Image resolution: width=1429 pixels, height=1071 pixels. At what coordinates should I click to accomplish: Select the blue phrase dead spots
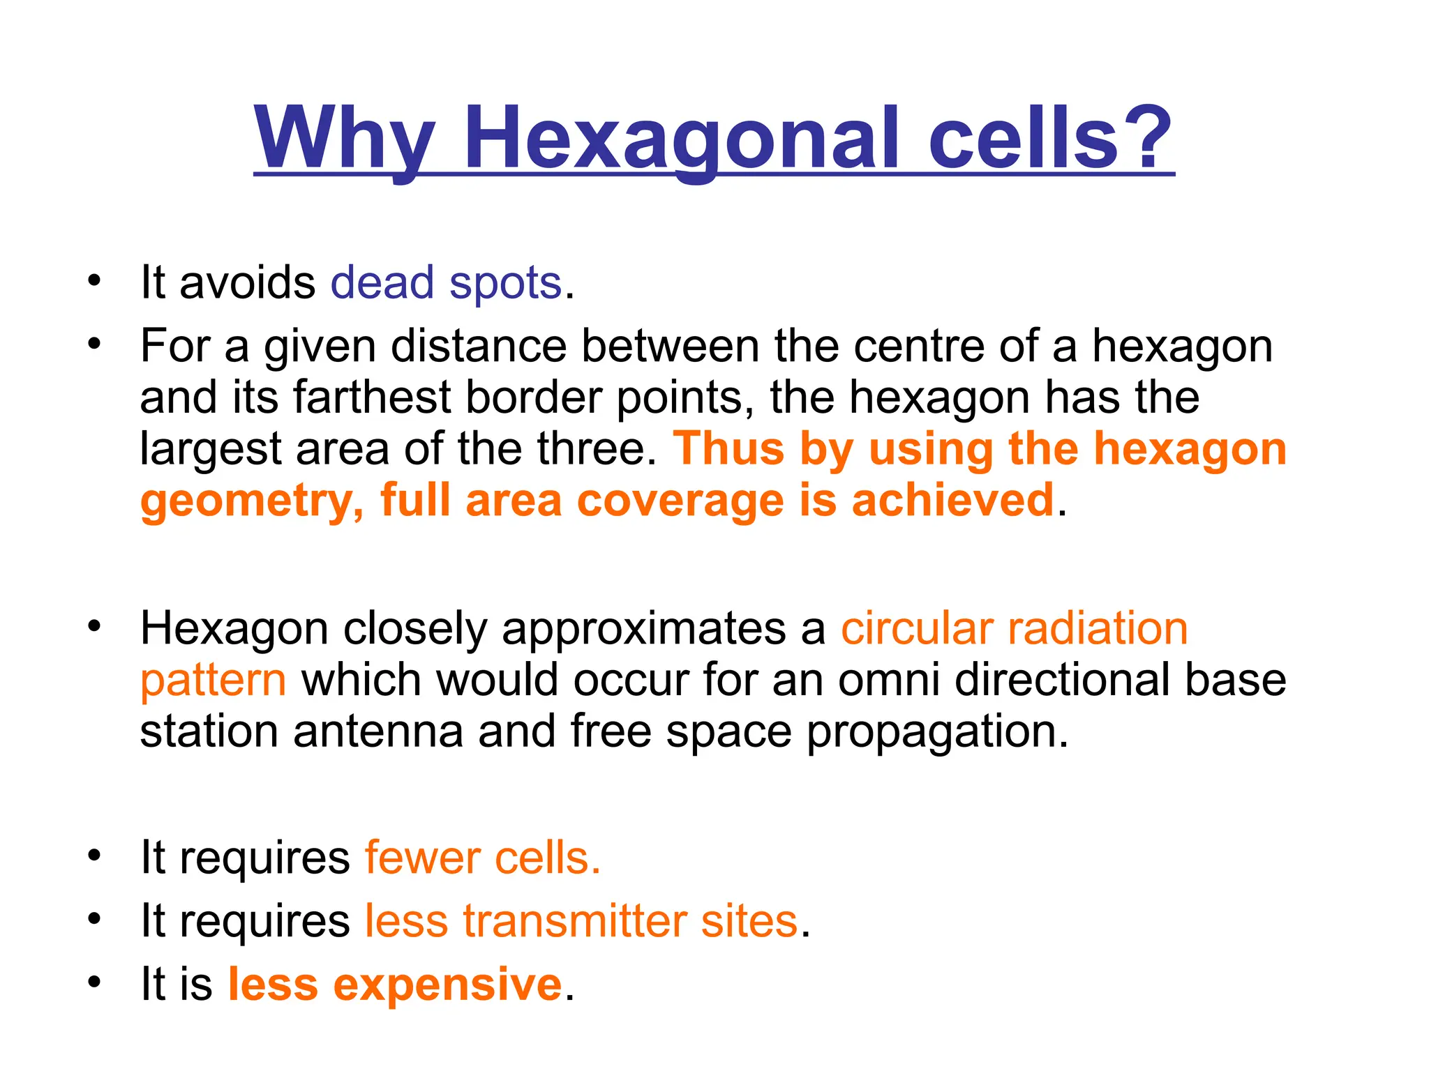click(x=446, y=283)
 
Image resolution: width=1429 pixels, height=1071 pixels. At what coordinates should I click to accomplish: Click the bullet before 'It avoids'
click(x=94, y=281)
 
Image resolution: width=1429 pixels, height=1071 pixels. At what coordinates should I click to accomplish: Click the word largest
click(x=210, y=450)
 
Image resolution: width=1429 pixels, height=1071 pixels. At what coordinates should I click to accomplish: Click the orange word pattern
click(x=213, y=681)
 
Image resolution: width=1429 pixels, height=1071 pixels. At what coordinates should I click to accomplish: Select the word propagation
click(x=937, y=733)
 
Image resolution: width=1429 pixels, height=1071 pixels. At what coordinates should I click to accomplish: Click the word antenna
click(x=378, y=731)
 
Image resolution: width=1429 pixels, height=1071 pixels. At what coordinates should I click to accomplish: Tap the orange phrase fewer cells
click(x=482, y=858)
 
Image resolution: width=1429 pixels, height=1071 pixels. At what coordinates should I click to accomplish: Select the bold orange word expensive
click(x=447, y=984)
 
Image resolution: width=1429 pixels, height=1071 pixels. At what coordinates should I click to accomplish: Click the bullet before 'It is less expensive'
click(x=94, y=982)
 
